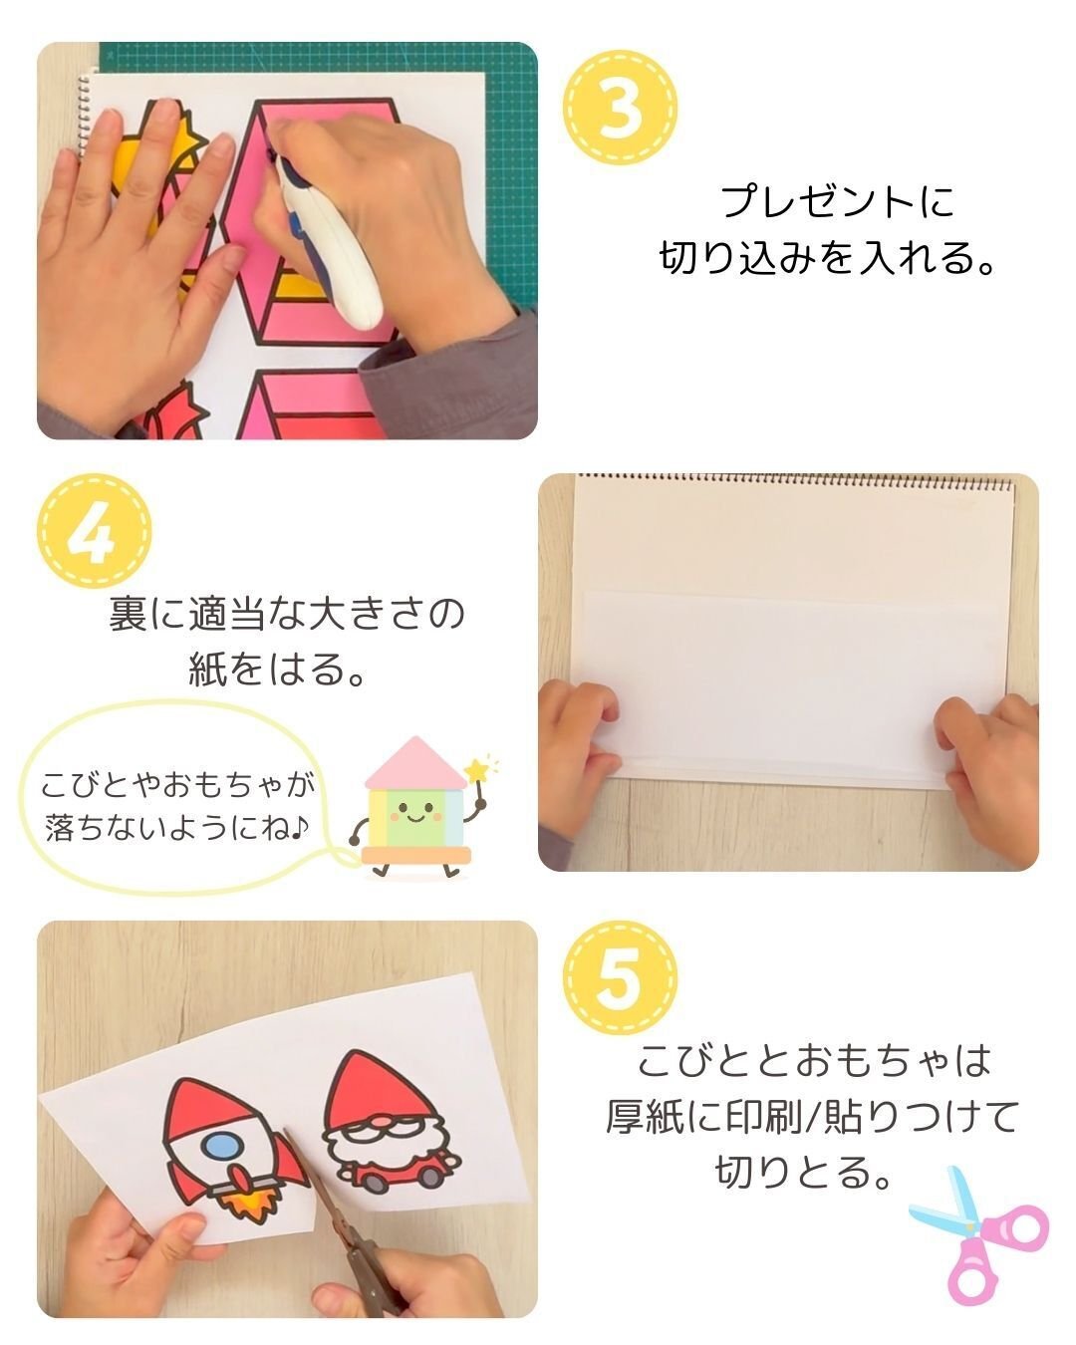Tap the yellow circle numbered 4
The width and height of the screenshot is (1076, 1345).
click(94, 532)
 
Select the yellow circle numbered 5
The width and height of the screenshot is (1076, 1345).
click(620, 979)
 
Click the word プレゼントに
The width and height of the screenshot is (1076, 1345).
click(836, 202)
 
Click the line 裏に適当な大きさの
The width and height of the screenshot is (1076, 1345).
click(286, 614)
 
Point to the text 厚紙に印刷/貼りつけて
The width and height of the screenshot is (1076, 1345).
click(812, 1116)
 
